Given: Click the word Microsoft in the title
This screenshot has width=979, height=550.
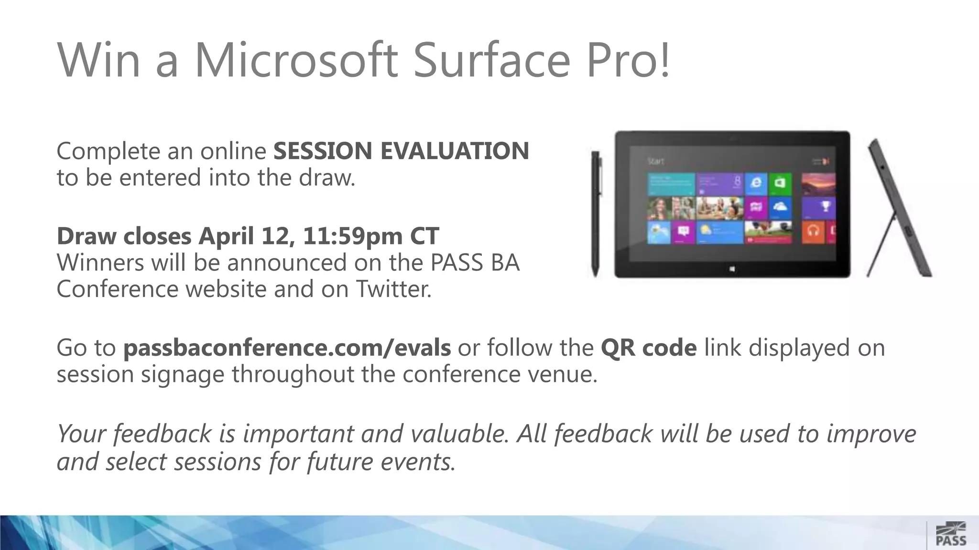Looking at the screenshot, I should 296,60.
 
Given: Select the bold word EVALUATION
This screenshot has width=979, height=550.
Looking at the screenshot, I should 454,151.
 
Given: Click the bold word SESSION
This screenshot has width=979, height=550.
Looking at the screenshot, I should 323,151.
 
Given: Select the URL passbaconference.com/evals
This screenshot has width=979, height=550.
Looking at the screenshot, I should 287,348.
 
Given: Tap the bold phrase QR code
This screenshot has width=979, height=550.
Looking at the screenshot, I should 648,348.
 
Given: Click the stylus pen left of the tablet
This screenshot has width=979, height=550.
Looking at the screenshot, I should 596,214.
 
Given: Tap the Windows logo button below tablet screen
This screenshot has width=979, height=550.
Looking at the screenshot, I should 732,270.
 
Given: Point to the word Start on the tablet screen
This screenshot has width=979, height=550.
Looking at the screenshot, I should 655,161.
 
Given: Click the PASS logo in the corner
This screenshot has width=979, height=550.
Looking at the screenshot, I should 950,534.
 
